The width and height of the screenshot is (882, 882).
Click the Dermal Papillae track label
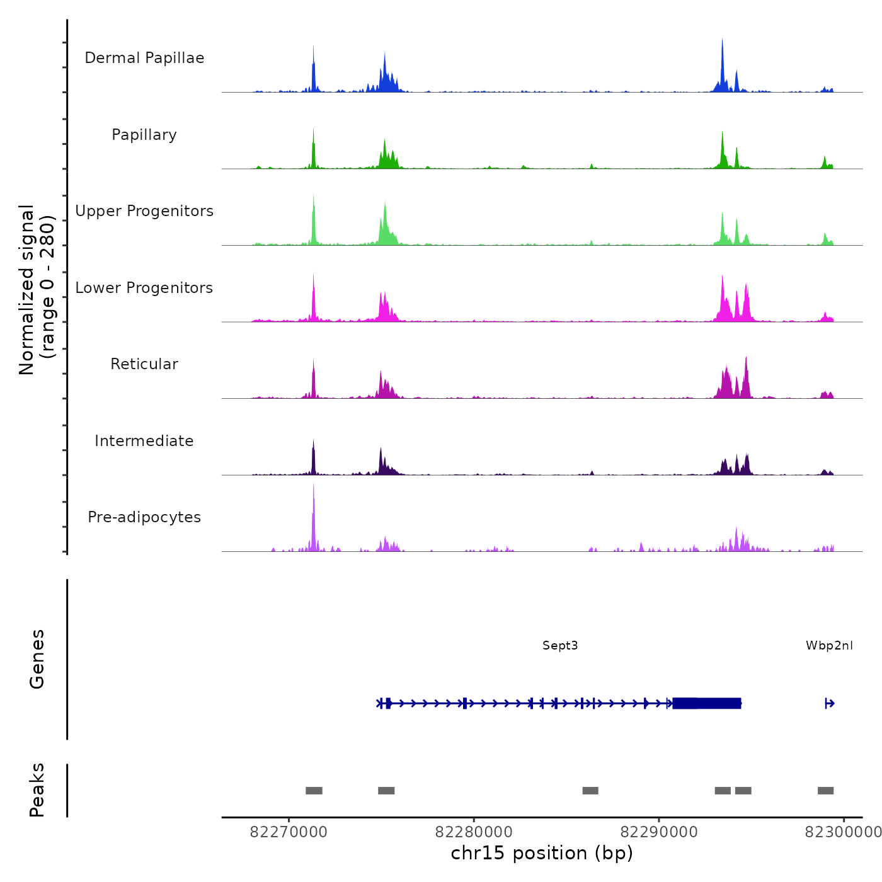point(144,58)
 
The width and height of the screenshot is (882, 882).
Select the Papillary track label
point(144,135)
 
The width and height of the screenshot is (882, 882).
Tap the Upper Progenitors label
point(144,211)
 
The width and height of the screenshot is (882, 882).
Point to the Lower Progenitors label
point(144,288)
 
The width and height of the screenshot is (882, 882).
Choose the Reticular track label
point(144,364)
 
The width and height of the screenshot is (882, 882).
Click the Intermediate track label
point(144,441)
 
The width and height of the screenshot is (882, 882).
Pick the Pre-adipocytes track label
point(144,517)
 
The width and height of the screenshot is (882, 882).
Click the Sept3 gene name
point(560,646)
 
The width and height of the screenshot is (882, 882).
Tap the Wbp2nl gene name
point(829,646)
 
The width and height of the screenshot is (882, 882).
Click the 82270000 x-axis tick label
point(289,832)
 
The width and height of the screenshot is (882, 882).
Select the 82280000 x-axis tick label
point(474,832)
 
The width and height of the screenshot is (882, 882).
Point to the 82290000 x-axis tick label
point(659,832)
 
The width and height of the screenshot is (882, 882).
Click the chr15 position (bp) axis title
point(542,853)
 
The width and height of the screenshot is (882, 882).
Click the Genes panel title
point(37,659)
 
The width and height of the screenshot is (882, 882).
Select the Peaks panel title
point(37,790)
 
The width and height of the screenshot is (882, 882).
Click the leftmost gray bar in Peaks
point(314,791)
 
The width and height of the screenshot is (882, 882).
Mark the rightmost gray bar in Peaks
point(825,791)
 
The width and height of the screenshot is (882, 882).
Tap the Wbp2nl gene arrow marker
point(830,704)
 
